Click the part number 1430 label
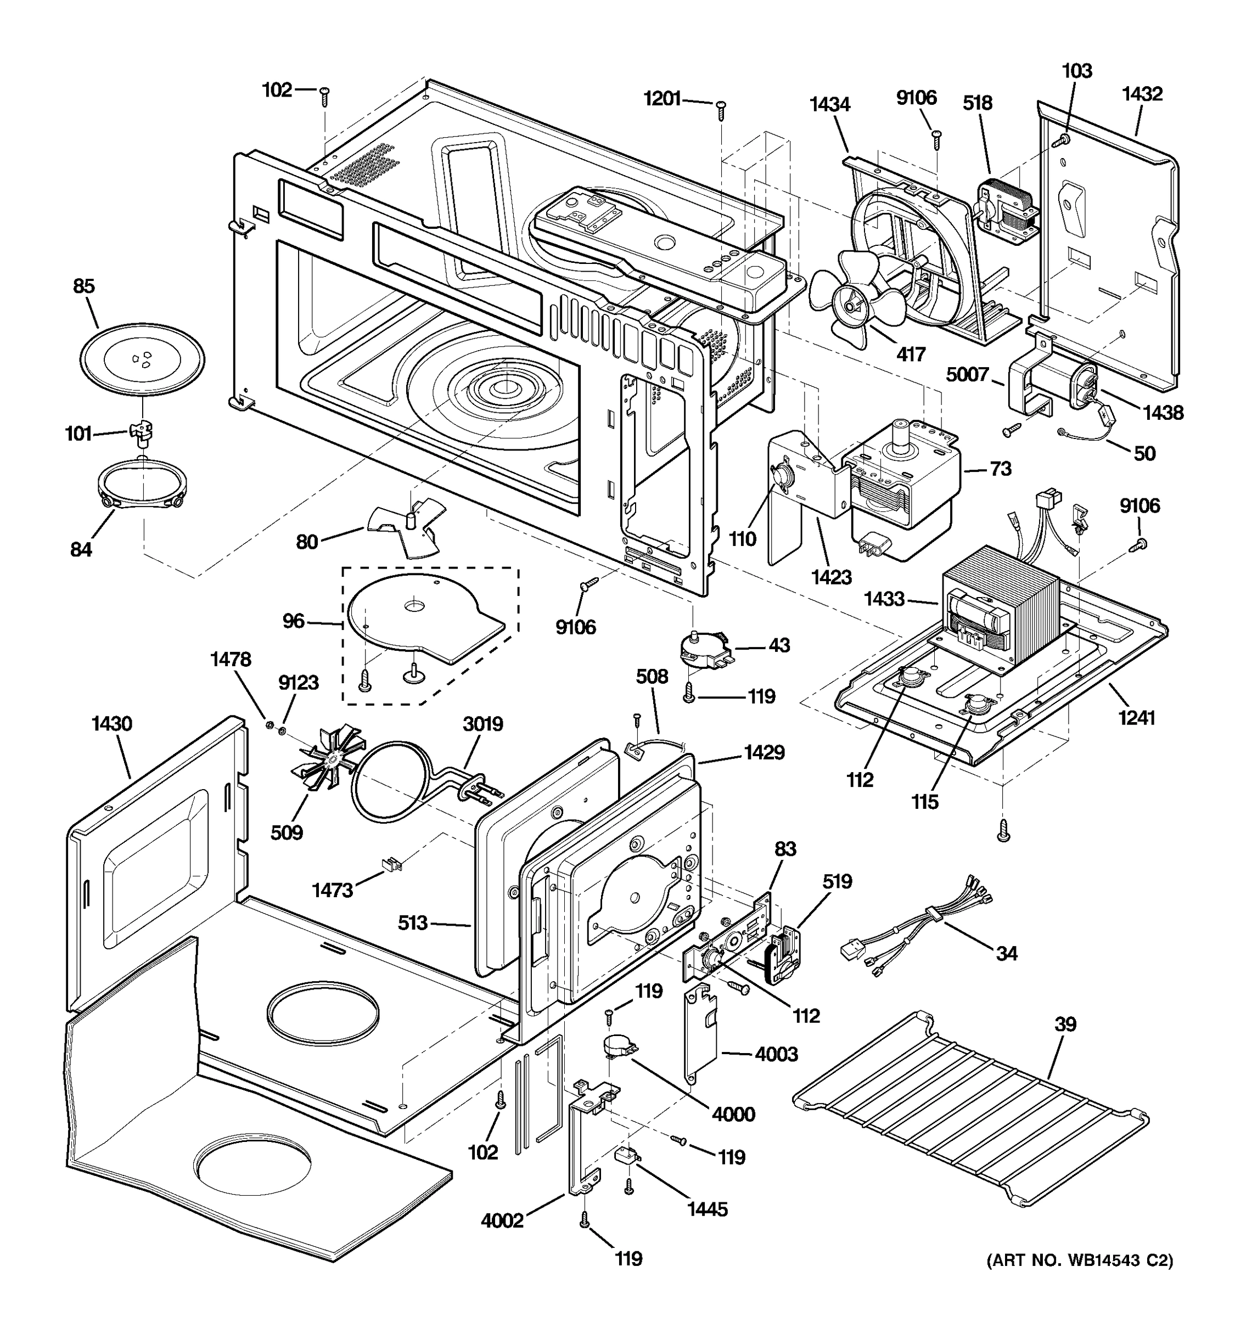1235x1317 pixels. (112, 723)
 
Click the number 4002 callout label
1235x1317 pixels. (502, 1220)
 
